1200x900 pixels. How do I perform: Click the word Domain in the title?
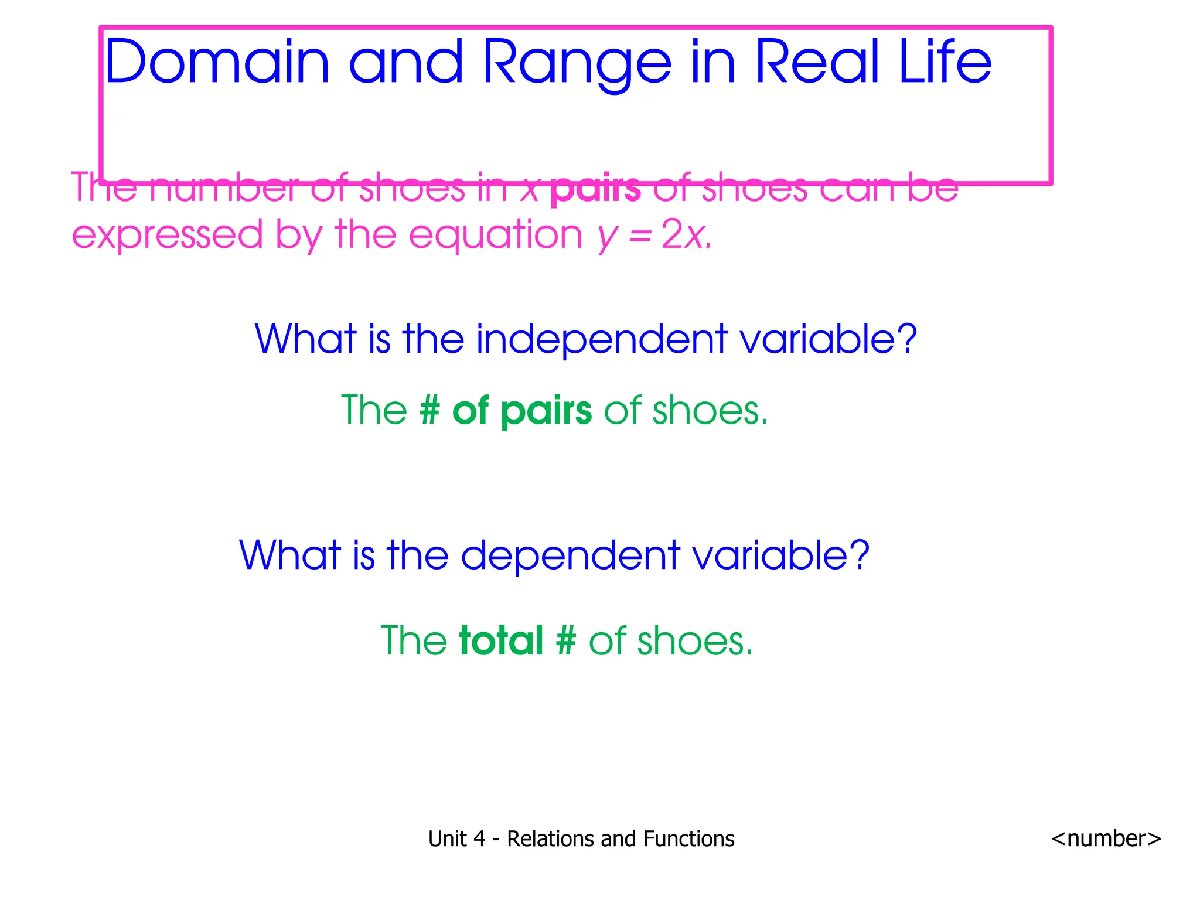[x=217, y=62]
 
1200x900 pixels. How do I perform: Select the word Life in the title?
[x=945, y=62]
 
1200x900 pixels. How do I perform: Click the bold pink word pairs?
[x=595, y=189]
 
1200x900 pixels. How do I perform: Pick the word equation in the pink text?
[x=496, y=235]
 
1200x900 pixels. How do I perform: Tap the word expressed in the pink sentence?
[x=168, y=235]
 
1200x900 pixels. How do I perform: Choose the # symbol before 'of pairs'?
[x=429, y=410]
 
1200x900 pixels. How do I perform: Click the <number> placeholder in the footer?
[x=1106, y=838]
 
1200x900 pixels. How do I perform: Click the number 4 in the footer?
[x=479, y=839]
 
